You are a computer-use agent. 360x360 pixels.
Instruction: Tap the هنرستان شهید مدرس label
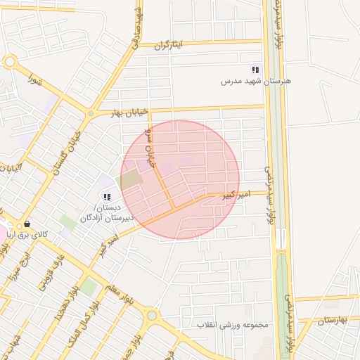coord(256,82)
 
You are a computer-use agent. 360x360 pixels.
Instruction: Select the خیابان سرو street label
coord(149,148)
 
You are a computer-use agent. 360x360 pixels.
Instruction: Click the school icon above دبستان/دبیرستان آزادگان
coord(106,197)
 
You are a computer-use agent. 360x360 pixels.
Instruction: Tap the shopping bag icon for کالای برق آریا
coord(27,224)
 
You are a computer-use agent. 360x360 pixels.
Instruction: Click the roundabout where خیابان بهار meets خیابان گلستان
coord(90,113)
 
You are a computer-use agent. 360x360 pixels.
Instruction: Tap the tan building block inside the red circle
coord(131,179)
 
